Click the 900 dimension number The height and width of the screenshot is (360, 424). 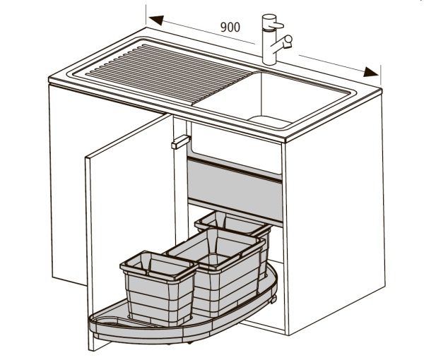[230, 27]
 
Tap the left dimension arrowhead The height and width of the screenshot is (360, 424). [156, 20]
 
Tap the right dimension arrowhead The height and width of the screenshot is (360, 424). [371, 72]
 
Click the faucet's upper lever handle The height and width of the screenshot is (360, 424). [276, 25]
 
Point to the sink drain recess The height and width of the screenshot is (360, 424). [269, 122]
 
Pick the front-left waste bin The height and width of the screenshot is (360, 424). [158, 287]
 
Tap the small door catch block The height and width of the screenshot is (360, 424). [181, 142]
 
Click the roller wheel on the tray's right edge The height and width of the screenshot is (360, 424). [273, 299]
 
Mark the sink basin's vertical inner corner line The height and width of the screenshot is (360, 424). [261, 95]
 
